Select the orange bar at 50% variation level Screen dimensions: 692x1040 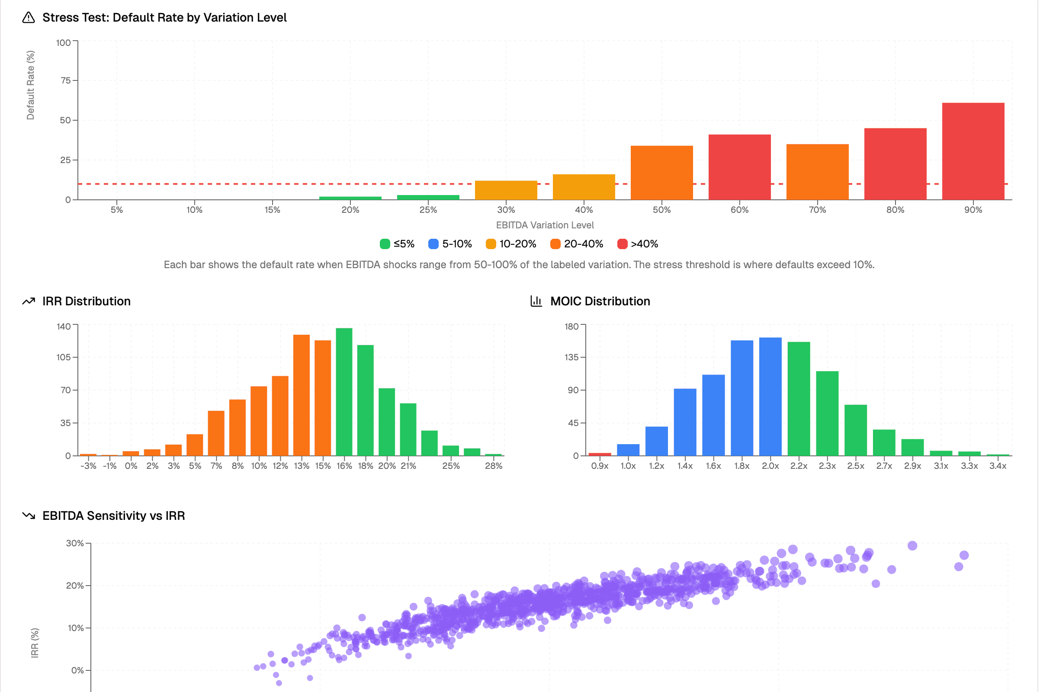pos(661,173)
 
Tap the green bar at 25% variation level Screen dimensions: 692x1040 pos(428,197)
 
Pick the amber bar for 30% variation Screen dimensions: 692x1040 pos(506,190)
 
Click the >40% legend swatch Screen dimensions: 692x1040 pos(622,244)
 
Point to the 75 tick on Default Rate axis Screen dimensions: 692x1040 pos(66,80)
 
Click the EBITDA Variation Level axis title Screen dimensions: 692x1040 pos(545,225)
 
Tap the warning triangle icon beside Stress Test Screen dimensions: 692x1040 pos(29,18)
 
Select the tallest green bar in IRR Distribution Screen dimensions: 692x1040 pos(344,392)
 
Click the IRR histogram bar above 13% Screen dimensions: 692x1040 pos(301,395)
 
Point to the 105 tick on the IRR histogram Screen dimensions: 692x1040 pos(64,357)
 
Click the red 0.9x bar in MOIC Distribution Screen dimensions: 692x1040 pos(600,454)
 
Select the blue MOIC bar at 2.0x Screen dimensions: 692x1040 pos(770,396)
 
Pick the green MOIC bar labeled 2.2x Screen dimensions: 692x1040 pos(798,398)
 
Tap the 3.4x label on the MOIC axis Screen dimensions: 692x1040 pos(997,466)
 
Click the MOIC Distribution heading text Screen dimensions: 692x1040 pos(600,301)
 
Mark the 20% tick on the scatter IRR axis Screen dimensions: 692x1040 pos(75,586)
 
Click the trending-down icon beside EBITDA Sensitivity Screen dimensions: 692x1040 pos(29,516)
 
